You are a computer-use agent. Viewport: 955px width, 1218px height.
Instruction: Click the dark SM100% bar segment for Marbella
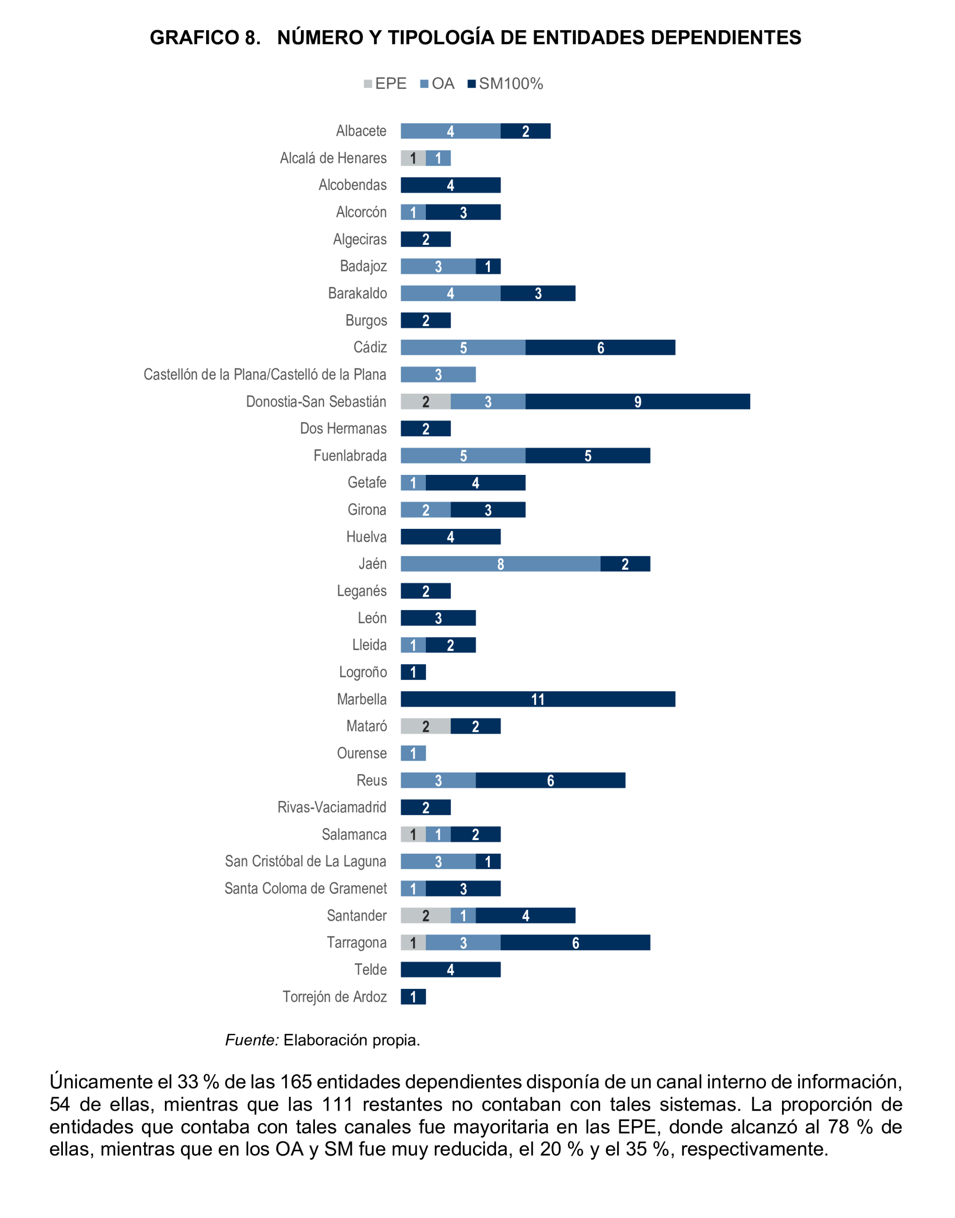[537, 699]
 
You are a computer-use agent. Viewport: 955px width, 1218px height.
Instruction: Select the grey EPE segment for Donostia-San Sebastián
[425, 402]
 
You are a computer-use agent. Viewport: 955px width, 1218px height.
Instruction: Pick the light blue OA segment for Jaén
[500, 564]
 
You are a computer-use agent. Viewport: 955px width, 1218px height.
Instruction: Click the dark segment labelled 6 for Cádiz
[600, 347]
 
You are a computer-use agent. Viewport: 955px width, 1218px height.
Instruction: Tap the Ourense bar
[413, 753]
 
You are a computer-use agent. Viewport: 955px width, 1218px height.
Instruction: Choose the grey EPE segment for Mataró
[425, 726]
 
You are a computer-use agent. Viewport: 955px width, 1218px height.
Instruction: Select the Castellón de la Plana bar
[438, 375]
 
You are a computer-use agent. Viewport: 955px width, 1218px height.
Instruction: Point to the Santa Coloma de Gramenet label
[305, 889]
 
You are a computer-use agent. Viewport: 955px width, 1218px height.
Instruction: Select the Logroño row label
[363, 672]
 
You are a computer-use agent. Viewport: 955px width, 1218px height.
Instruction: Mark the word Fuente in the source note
[251, 1040]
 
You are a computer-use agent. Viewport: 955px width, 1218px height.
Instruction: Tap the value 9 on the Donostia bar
[637, 402]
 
